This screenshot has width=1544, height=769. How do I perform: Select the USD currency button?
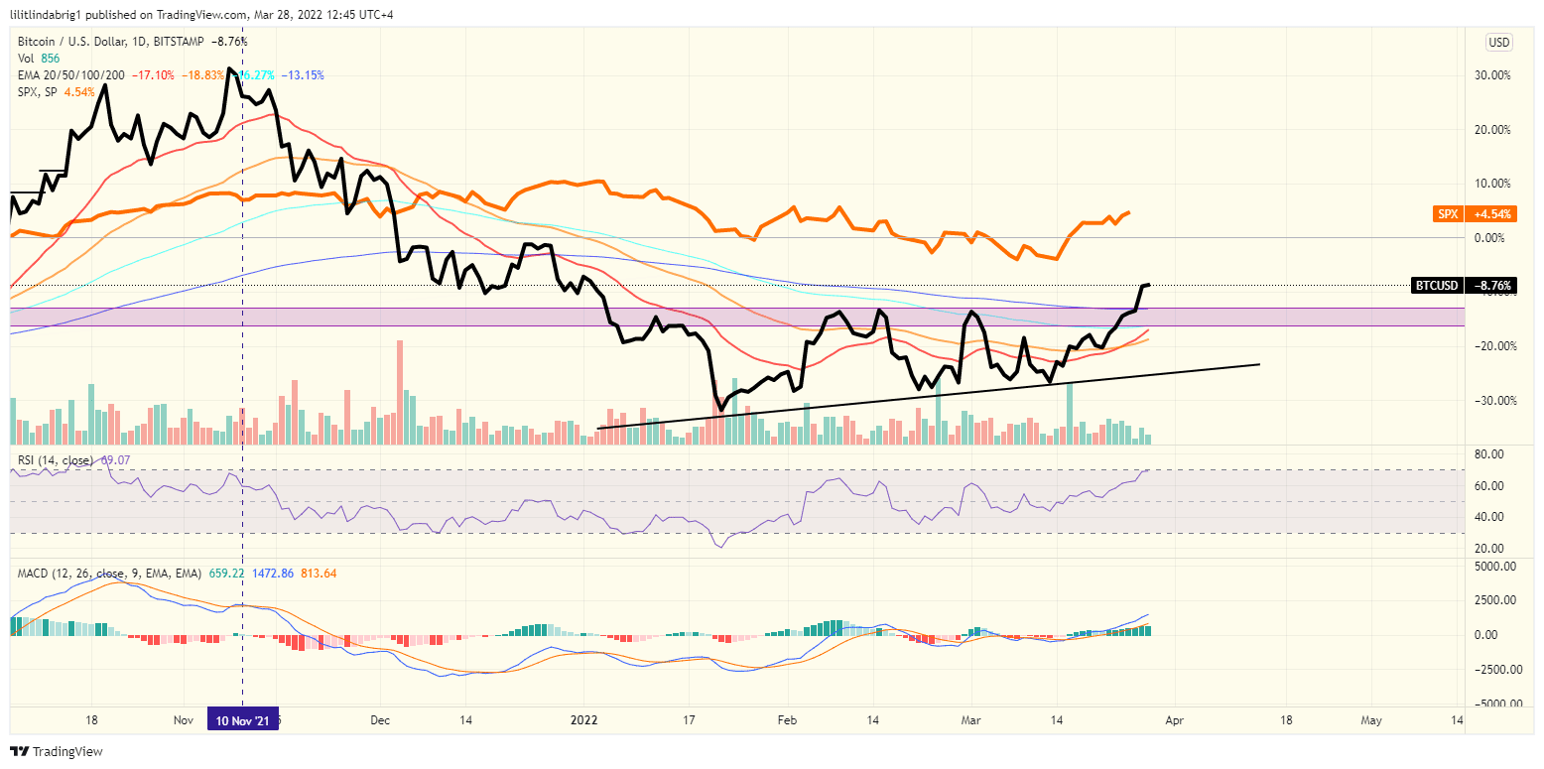point(1498,43)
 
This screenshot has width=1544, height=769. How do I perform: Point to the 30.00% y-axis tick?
point(1493,75)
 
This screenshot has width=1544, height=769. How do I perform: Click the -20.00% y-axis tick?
point(1493,346)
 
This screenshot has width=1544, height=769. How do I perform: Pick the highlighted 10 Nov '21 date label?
point(243,720)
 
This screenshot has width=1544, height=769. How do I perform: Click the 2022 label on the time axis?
point(584,720)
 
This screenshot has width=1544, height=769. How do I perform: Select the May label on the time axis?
point(1371,720)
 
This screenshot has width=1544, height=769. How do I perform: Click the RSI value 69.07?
point(117,460)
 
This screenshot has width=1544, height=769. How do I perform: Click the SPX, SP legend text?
point(37,92)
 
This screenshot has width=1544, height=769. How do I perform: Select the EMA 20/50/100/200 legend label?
point(71,75)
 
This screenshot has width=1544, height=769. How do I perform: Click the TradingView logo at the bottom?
point(57,752)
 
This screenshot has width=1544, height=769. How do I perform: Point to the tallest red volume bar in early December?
point(400,392)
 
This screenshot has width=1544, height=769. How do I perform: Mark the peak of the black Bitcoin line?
point(229,69)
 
